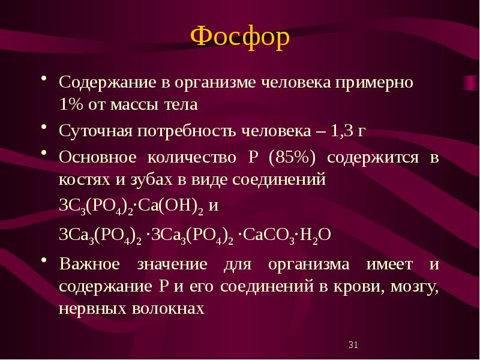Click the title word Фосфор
(x=239, y=38)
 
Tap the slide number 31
(x=353, y=344)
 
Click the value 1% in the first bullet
(x=71, y=105)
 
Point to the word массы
(x=134, y=105)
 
